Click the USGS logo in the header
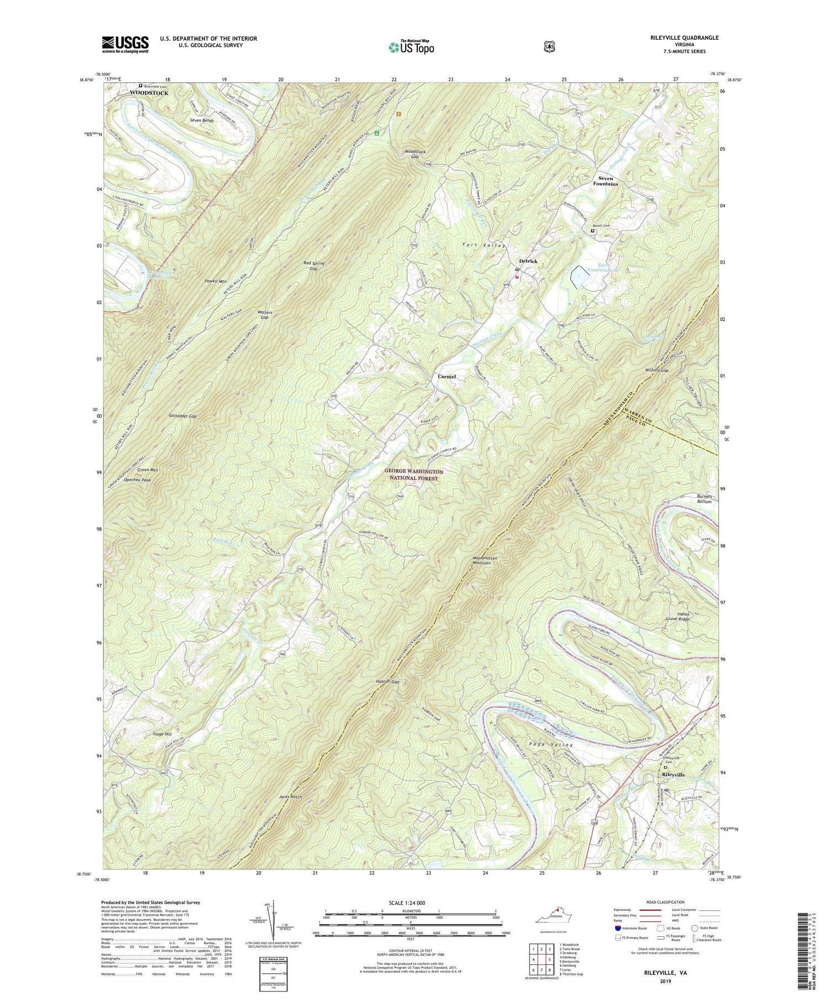click(125, 44)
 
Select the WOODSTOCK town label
click(149, 93)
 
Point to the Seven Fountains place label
click(605, 181)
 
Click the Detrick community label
click(528, 261)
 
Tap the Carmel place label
click(447, 376)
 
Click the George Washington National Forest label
click(414, 475)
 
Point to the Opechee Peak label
click(138, 480)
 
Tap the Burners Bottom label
click(704, 499)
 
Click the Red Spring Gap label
click(313, 266)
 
